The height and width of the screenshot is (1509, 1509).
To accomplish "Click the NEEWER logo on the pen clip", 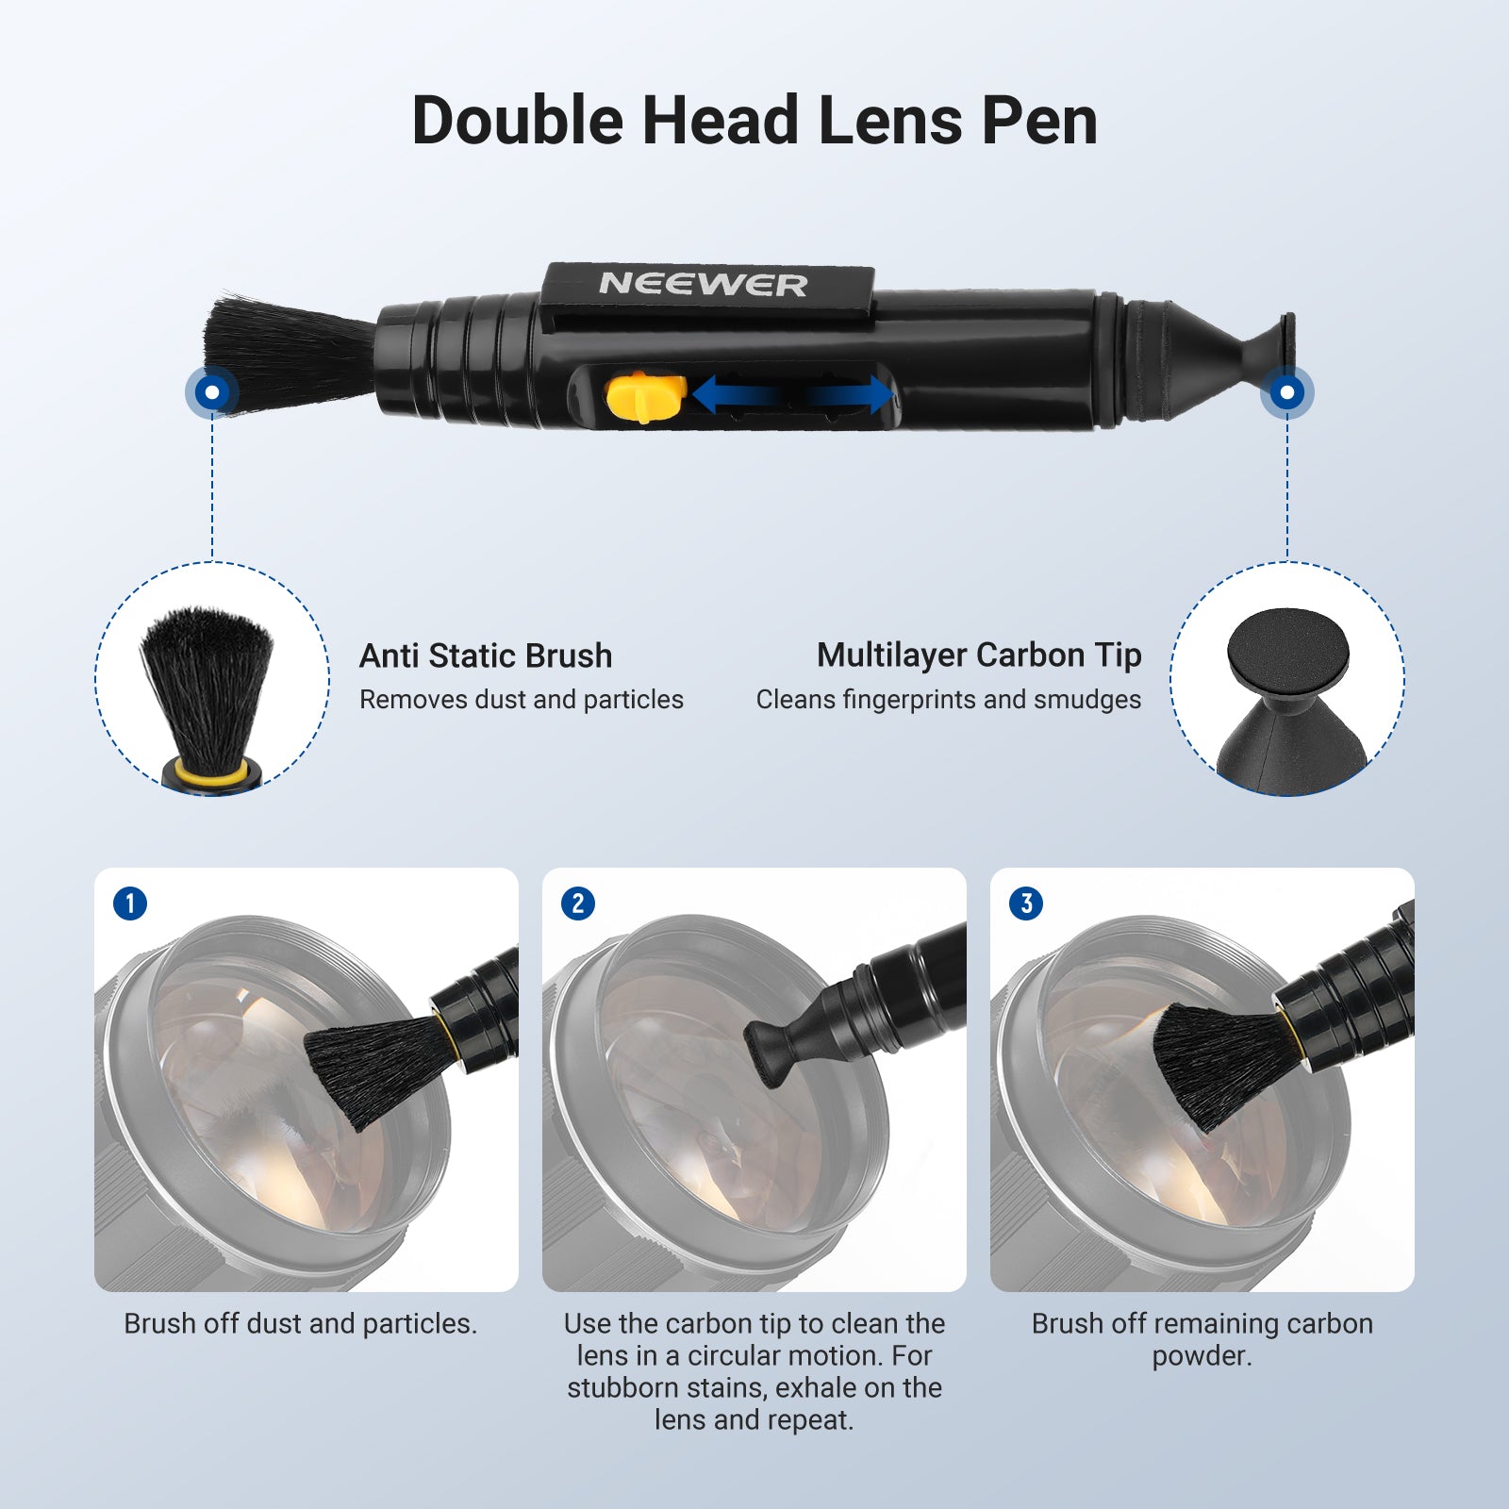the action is coord(704,284).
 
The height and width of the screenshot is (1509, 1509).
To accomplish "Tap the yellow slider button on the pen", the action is coord(646,397).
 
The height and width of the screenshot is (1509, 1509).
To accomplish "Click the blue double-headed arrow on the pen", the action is coord(793,394).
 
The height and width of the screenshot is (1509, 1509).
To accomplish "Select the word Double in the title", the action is coord(518,120).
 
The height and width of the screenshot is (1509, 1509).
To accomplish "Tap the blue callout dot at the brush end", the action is coord(212,391).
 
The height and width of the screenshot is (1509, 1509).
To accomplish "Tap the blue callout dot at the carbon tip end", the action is coord(1287,391).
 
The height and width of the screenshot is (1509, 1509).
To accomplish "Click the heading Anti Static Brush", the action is coord(486,655).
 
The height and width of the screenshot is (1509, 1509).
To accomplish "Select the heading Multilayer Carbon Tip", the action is coord(979,655).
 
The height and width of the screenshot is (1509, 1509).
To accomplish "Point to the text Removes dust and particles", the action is coord(522,699).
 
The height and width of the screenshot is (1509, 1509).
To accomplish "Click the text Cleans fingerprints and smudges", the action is coord(948,699).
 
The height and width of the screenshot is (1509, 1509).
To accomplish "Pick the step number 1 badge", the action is coord(130,904).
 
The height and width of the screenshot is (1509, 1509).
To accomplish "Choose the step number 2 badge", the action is coord(578,904).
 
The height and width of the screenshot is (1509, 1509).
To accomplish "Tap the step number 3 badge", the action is coord(1026,904).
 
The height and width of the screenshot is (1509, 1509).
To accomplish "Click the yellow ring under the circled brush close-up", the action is coord(212,775).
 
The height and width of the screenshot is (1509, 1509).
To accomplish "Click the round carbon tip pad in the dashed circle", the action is coord(1288,653).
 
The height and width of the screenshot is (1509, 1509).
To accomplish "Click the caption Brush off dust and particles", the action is coord(301,1323).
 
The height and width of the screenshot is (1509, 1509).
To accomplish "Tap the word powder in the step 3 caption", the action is coord(1202,1356).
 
